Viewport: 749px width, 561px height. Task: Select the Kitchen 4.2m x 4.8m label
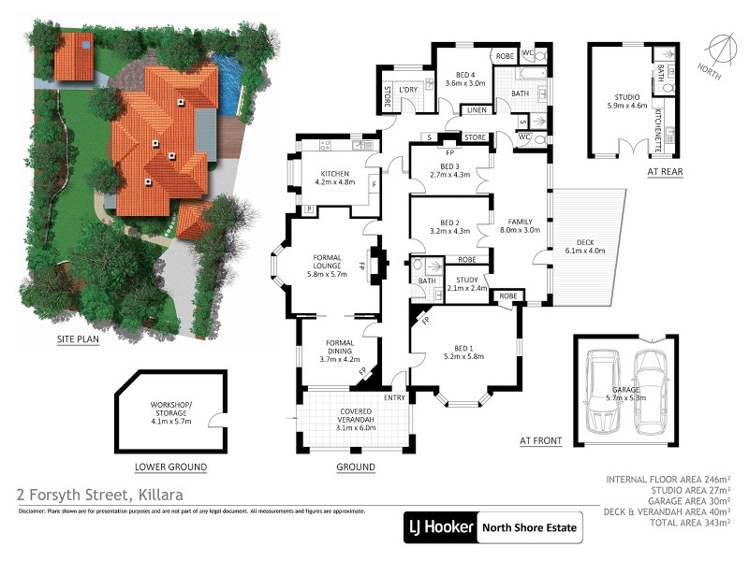click(335, 179)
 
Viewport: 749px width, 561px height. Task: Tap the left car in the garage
click(603, 393)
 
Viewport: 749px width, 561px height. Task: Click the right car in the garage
click(650, 393)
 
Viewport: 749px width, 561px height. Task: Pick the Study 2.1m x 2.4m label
click(465, 283)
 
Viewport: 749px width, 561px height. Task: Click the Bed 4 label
click(465, 79)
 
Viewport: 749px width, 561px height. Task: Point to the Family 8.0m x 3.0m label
click(520, 225)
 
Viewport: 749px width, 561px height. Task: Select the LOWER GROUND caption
click(170, 467)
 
